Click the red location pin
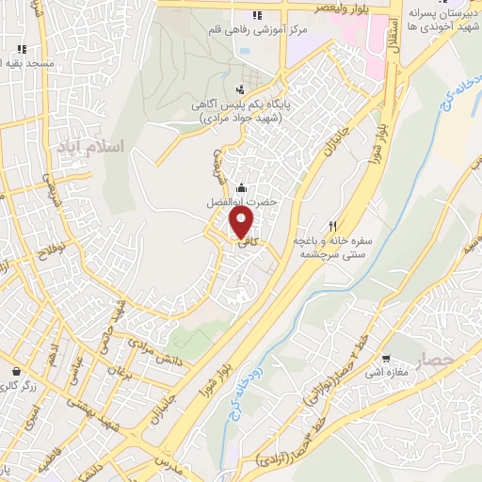coord(242,223)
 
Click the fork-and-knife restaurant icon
coord(332,227)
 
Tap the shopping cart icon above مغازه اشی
coord(388,358)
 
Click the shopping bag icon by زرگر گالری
coord(16,371)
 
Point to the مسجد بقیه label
coord(28,63)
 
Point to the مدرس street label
coord(173,467)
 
